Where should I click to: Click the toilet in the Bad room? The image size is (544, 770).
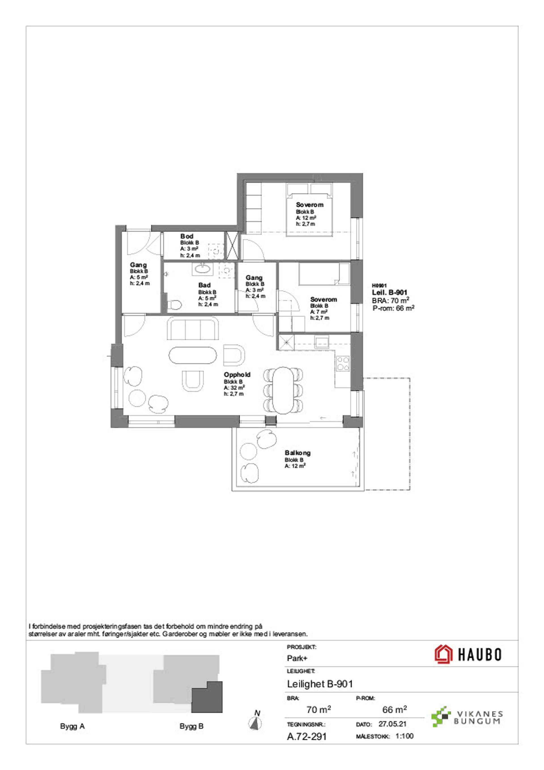point(174,305)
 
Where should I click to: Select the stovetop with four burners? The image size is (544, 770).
point(343,363)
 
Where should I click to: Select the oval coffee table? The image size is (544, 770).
point(193,355)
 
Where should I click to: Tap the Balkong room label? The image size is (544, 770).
point(297,453)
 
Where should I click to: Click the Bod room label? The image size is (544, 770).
point(187,236)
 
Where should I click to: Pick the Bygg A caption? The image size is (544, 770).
point(73,726)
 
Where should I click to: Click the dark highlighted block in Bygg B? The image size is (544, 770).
point(207,697)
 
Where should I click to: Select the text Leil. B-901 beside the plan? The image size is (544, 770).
point(390,293)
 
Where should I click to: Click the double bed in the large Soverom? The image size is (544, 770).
point(309,209)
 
